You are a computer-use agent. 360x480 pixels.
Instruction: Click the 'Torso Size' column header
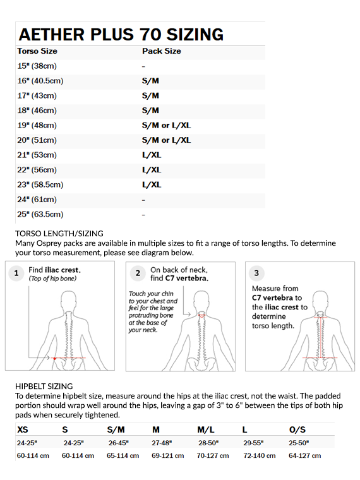point(37,51)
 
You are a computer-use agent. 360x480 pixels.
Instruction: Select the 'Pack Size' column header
point(161,51)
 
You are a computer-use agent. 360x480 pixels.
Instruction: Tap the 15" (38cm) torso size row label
point(37,66)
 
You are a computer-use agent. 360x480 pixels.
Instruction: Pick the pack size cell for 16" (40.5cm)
point(150,81)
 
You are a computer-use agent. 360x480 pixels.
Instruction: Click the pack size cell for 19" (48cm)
point(166,125)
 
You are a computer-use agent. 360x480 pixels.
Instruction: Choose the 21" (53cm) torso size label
point(37,155)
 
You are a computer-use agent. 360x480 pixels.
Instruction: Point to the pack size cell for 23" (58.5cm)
point(152,184)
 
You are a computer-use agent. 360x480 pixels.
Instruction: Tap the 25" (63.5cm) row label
point(40,214)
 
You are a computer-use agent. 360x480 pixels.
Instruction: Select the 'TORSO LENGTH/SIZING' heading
point(59,234)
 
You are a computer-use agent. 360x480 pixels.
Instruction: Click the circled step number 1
point(16,273)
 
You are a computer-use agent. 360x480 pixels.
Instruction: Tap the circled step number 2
point(138,273)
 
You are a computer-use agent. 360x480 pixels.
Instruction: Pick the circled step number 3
point(256,273)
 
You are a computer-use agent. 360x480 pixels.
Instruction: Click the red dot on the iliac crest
point(54,358)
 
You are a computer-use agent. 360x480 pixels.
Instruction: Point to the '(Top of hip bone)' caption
point(52,279)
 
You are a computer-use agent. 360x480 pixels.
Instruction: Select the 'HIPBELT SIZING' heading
point(44,387)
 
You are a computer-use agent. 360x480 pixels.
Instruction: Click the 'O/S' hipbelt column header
point(297,430)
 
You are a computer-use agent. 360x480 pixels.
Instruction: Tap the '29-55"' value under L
point(253,443)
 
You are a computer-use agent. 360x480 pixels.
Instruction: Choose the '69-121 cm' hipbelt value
point(168,455)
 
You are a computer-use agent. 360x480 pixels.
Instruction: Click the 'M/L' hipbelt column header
point(206,430)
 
